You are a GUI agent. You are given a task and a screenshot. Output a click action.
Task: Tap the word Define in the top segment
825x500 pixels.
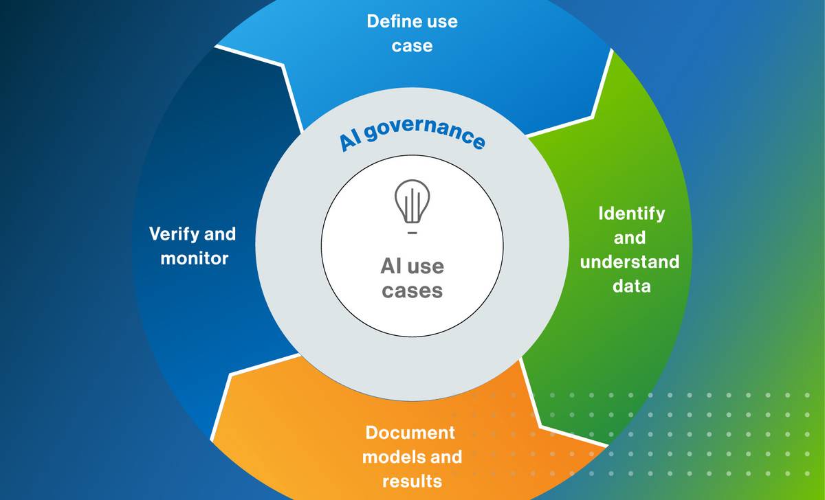pyautogui.click(x=388, y=21)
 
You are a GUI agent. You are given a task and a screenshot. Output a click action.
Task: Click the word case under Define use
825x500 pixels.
pyautogui.click(x=412, y=46)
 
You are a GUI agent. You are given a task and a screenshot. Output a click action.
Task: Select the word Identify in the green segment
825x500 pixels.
pyautogui.click(x=631, y=214)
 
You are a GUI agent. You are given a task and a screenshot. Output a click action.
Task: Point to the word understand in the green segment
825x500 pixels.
pyautogui.click(x=630, y=262)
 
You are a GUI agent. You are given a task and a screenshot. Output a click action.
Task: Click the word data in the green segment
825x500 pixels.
pyautogui.click(x=631, y=286)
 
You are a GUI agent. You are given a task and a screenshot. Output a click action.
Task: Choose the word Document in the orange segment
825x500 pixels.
pyautogui.click(x=410, y=433)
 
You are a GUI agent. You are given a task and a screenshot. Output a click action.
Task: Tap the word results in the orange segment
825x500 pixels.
pyautogui.click(x=412, y=479)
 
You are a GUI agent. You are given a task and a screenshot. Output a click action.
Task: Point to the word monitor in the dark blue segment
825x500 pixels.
pyautogui.click(x=194, y=259)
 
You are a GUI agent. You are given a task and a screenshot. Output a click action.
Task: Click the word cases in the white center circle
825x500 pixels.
pyautogui.click(x=412, y=291)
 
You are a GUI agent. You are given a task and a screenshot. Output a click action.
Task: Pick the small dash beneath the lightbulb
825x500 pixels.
pyautogui.click(x=412, y=234)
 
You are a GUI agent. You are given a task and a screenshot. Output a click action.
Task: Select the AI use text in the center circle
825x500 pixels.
pyautogui.click(x=412, y=266)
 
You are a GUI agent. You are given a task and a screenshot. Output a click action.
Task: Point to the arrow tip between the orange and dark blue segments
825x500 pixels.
pyautogui.click(x=231, y=375)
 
